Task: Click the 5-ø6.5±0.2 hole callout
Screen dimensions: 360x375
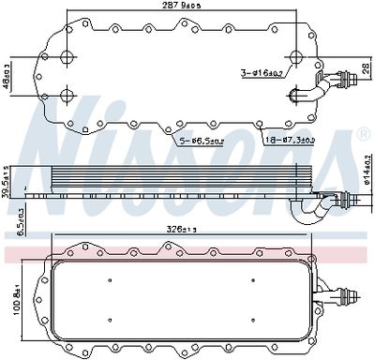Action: point(201,141)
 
